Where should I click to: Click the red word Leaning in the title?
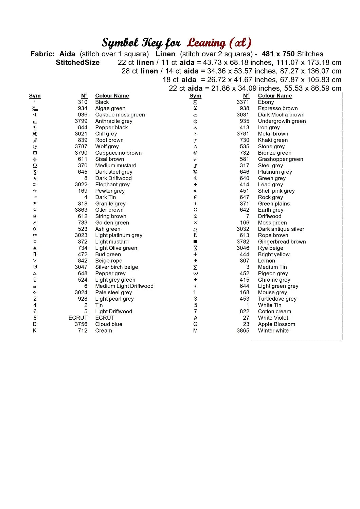(206, 43)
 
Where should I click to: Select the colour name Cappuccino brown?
(118, 153)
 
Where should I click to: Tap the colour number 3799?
(81, 121)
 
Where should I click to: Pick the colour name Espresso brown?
(277, 108)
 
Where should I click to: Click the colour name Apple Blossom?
(276, 324)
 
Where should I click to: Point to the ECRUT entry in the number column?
(78, 318)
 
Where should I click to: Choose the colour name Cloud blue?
(108, 324)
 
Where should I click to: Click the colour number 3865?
(243, 331)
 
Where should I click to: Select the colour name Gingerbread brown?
(282, 242)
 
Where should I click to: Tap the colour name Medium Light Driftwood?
(124, 286)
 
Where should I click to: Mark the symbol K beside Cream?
(35, 331)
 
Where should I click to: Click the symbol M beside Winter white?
(195, 331)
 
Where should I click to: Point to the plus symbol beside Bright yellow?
(195, 254)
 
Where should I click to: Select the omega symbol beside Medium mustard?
(35, 166)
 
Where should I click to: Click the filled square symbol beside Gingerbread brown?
(195, 242)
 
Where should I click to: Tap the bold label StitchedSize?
(77, 62)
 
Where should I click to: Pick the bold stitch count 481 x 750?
(278, 54)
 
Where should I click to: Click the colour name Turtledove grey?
(277, 299)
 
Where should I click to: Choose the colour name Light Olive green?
(116, 248)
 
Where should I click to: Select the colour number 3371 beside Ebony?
(243, 102)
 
